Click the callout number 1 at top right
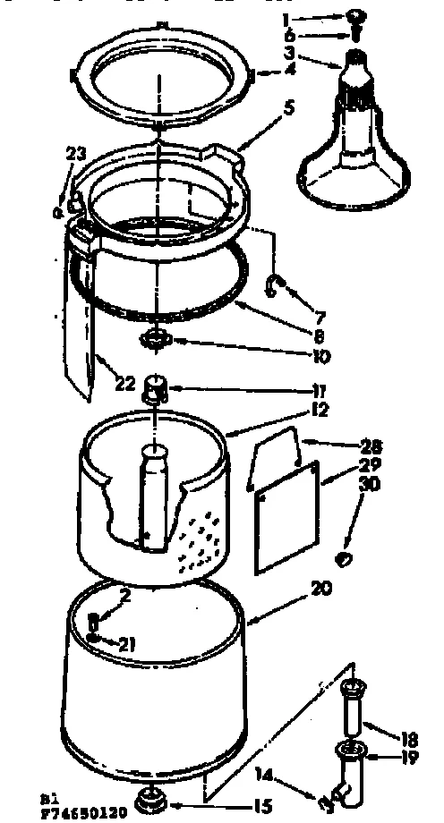click(285, 19)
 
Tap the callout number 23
click(72, 153)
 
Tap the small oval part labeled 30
click(343, 559)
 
